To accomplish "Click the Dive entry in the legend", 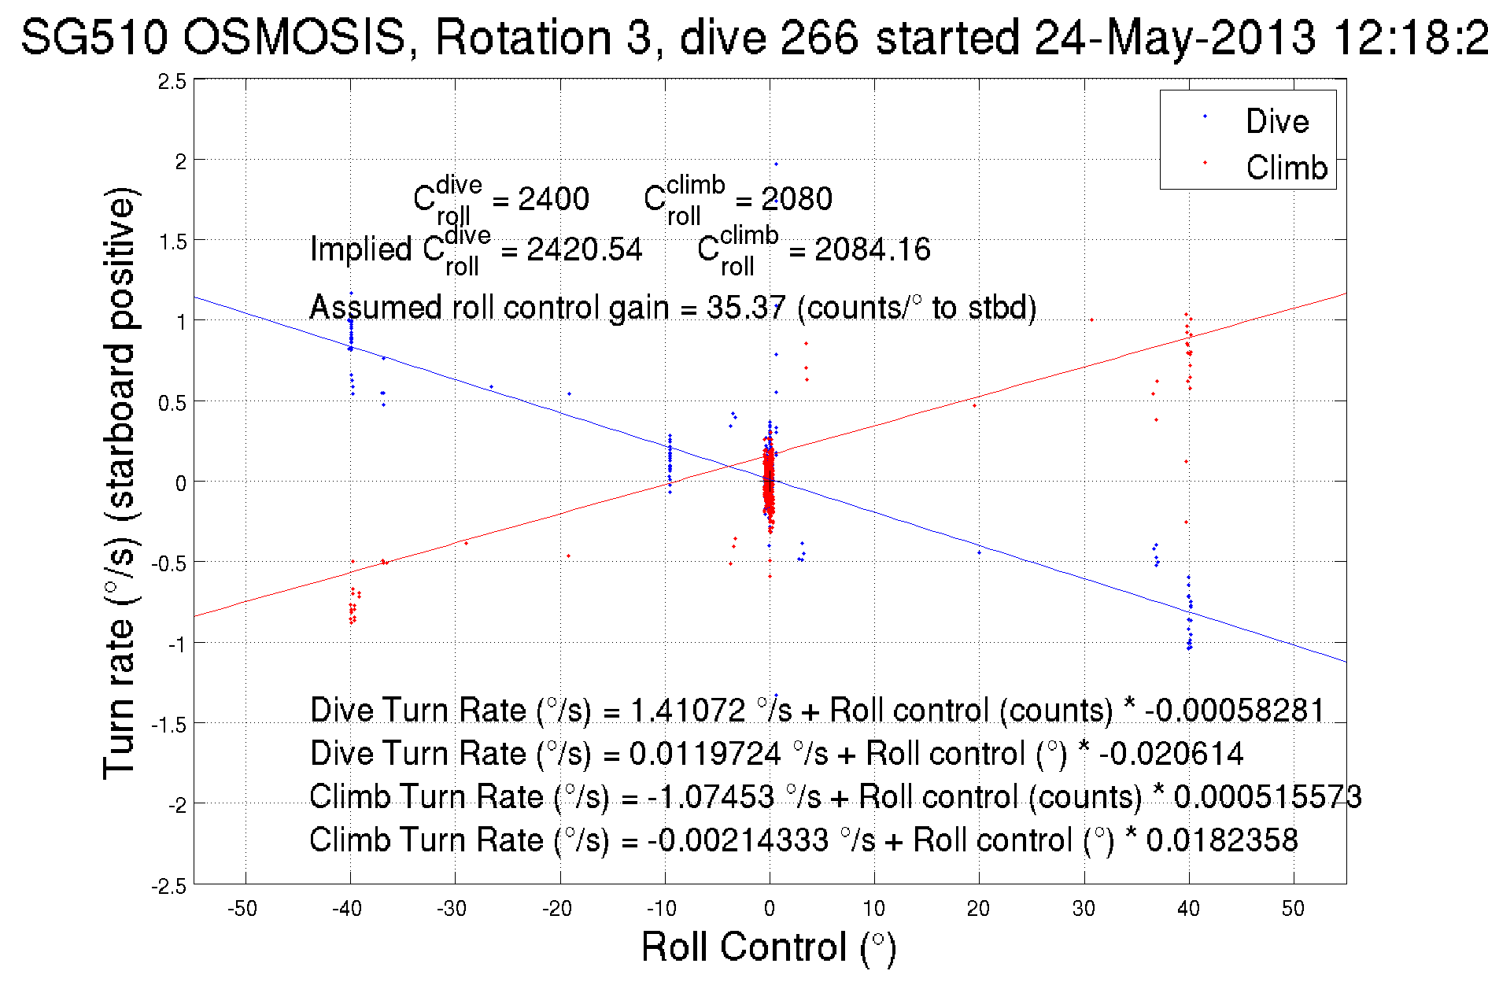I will tap(1276, 121).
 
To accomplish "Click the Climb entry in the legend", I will tap(1286, 168).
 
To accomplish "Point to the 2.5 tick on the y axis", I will tap(172, 82).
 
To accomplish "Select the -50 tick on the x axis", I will tap(242, 909).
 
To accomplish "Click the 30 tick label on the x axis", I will tap(1084, 909).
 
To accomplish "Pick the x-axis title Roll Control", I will tap(768, 947).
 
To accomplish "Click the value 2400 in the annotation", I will tap(553, 199).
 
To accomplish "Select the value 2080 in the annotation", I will tap(796, 199).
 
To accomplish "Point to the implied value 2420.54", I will tap(584, 250).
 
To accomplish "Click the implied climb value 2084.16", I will tap(872, 250).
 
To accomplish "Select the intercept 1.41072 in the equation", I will tap(688, 711).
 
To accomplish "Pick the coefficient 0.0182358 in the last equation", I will tap(1222, 840).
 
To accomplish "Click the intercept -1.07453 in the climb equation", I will tap(711, 797).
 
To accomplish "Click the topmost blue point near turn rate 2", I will tap(776, 164).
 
